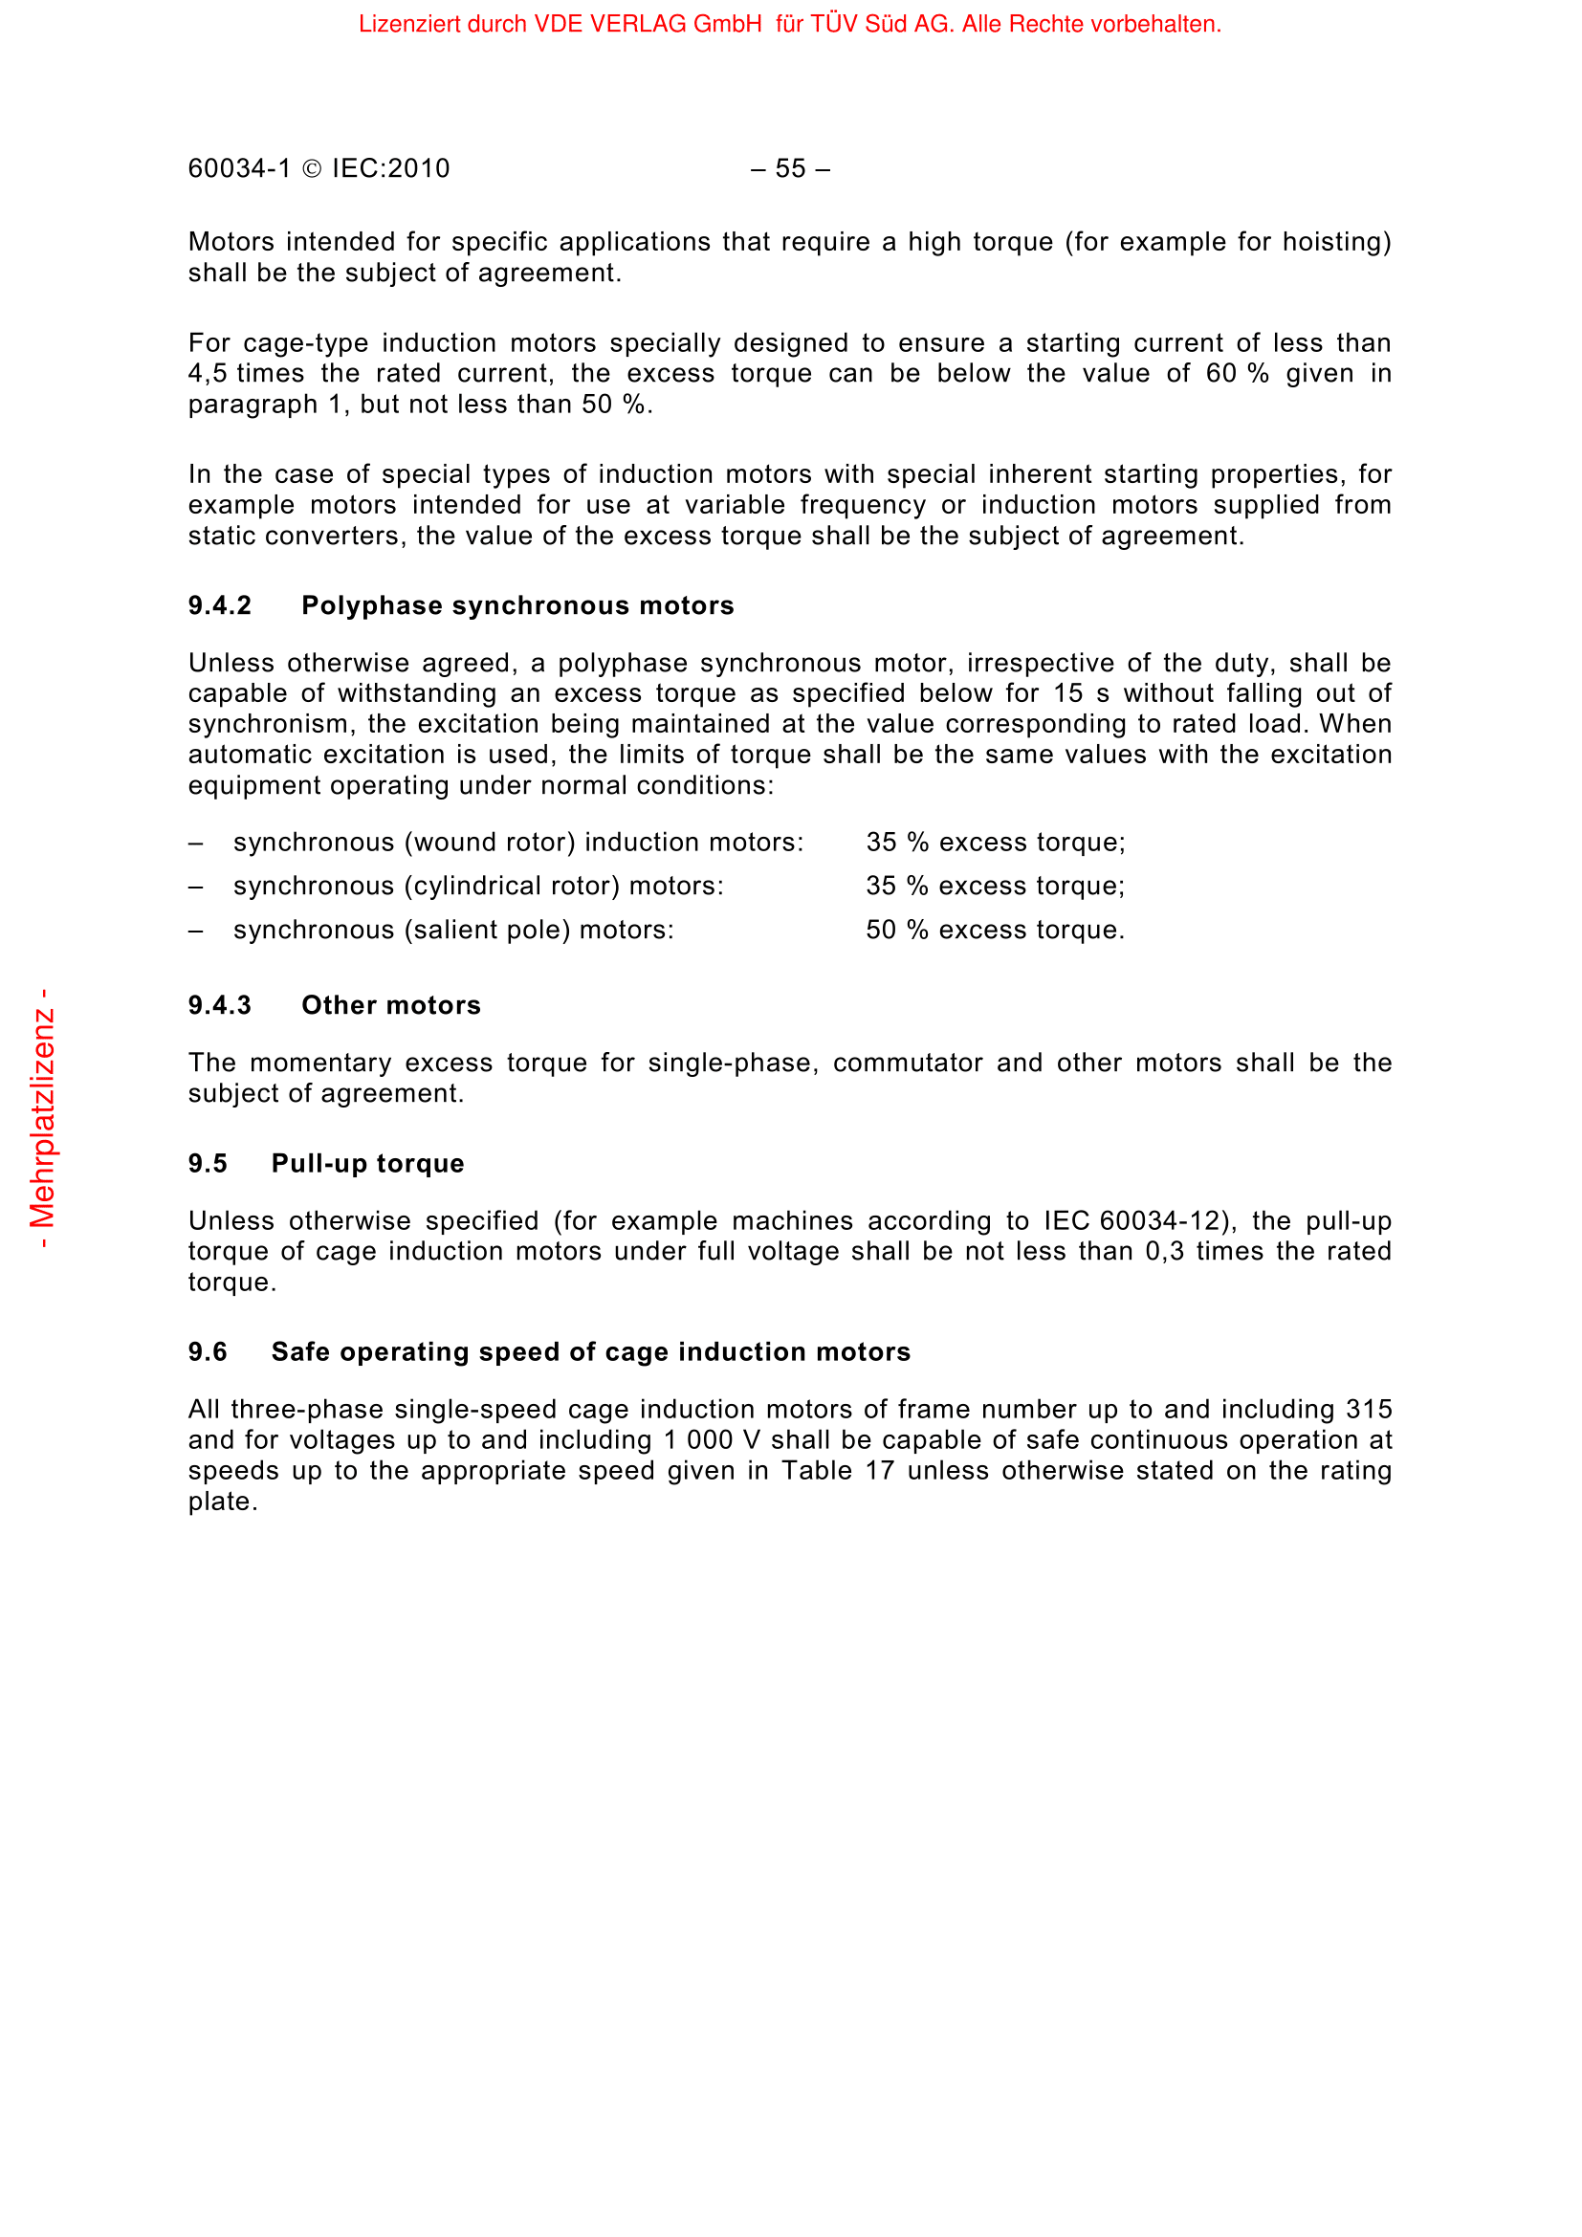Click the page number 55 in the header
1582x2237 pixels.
coord(790,168)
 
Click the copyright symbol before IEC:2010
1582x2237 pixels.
coord(312,169)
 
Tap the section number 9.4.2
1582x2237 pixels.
coord(219,606)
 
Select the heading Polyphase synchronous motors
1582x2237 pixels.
coord(517,606)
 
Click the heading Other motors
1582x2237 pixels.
coord(390,1005)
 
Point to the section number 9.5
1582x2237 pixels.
coord(208,1163)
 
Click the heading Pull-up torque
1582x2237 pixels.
coord(367,1163)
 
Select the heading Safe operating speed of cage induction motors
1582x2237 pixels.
coord(590,1352)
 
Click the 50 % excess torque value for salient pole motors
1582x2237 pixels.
coord(995,931)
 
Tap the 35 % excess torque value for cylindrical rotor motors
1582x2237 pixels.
coord(995,886)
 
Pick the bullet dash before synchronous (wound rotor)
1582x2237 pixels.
coord(196,843)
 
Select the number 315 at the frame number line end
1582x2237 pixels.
coord(1369,1410)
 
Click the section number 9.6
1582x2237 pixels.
coord(208,1352)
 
